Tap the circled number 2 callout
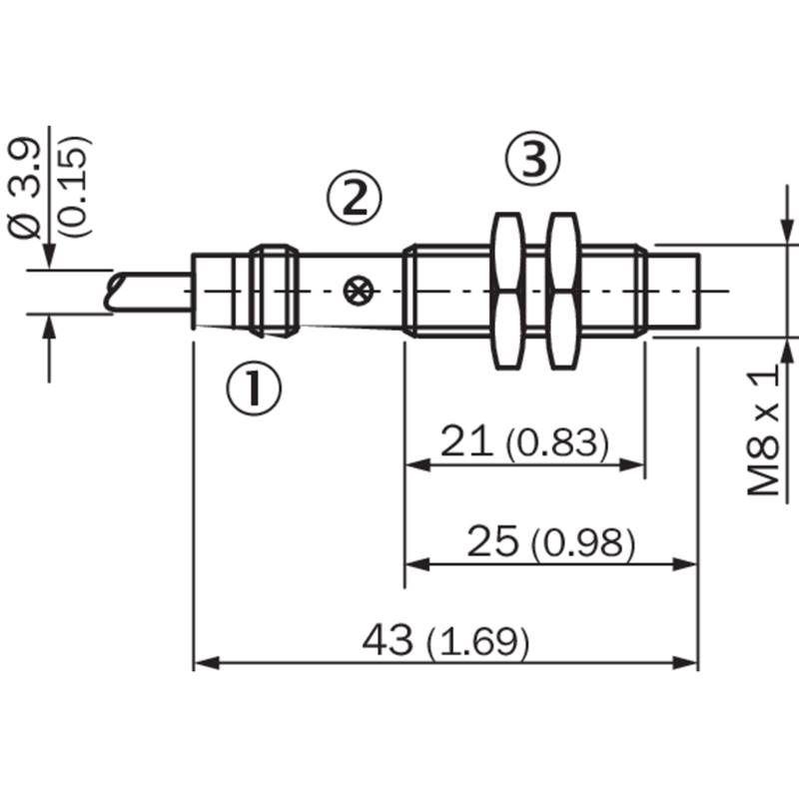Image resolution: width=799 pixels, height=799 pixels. point(355,197)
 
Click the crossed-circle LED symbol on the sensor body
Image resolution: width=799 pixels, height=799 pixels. point(359,292)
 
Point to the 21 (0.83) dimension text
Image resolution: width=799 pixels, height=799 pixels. point(524,441)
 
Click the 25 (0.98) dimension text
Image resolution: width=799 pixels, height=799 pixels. point(551,541)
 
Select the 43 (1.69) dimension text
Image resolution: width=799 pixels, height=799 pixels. point(445,640)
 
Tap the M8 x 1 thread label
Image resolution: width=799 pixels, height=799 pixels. point(763,429)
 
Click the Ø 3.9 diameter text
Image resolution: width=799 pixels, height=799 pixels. point(24,189)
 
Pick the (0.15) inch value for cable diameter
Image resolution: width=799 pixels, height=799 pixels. point(74,187)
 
